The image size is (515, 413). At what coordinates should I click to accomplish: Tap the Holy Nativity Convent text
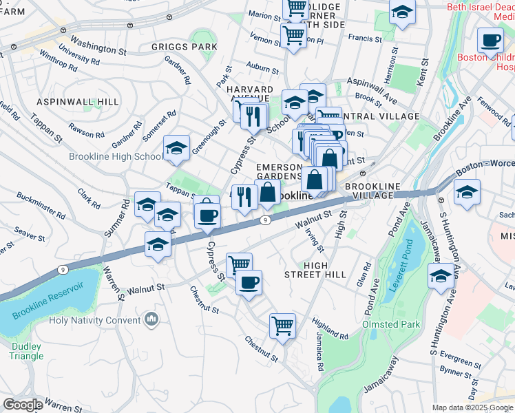[94, 320]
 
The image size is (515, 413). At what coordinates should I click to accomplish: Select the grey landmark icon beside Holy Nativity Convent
[151, 319]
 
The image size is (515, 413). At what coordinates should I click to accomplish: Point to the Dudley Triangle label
[27, 351]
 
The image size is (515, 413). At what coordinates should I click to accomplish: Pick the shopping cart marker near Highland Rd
[282, 326]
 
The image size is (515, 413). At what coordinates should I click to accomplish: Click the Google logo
[23, 405]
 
